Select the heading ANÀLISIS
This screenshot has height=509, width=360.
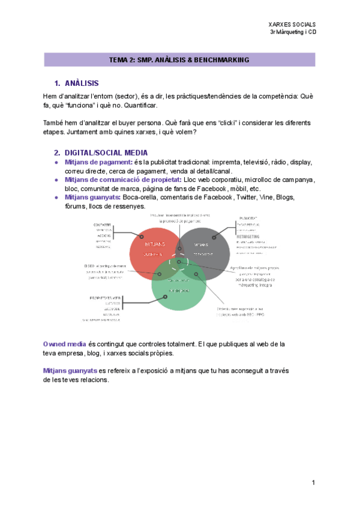[82, 83]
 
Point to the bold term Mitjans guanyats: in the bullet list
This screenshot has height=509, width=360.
[92, 197]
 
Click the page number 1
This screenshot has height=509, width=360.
[313, 482]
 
